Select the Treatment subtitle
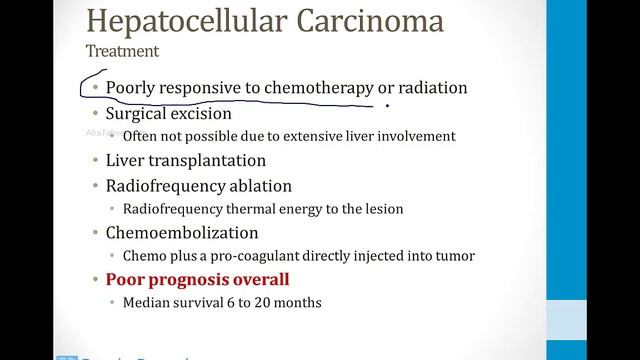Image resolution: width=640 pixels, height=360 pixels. (x=121, y=49)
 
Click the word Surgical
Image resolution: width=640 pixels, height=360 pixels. (x=139, y=113)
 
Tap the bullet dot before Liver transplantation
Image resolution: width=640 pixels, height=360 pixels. (x=94, y=161)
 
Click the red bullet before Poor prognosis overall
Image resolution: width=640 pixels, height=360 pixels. (x=94, y=280)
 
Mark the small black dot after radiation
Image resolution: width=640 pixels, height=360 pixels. (x=387, y=103)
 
